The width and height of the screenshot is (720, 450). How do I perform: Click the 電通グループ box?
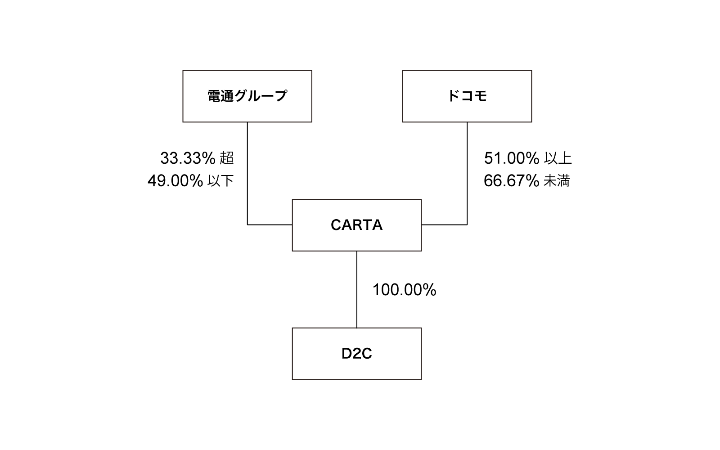247,96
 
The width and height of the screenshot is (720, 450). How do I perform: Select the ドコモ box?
467,96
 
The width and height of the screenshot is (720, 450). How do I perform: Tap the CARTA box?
356,225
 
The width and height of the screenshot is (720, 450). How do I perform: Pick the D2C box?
356,354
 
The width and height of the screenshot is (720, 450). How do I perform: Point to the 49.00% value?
175,181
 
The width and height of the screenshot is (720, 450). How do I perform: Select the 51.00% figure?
512,158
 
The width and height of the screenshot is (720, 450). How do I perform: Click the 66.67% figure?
511,181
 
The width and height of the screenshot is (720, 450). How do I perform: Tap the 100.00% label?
404,290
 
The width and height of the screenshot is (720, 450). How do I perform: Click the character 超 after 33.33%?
227,158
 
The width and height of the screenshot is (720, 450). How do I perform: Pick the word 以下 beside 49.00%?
220,181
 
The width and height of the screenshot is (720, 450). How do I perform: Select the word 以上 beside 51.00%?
558,158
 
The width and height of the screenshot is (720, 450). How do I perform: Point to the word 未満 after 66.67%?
557,181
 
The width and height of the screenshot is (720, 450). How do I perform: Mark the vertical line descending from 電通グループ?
247,173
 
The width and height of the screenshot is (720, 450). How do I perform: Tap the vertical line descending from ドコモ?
467,173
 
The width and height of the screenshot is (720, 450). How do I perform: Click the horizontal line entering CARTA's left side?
270,225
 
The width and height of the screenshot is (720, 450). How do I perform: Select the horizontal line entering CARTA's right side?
444,225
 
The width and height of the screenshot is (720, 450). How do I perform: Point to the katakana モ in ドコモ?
481,96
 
